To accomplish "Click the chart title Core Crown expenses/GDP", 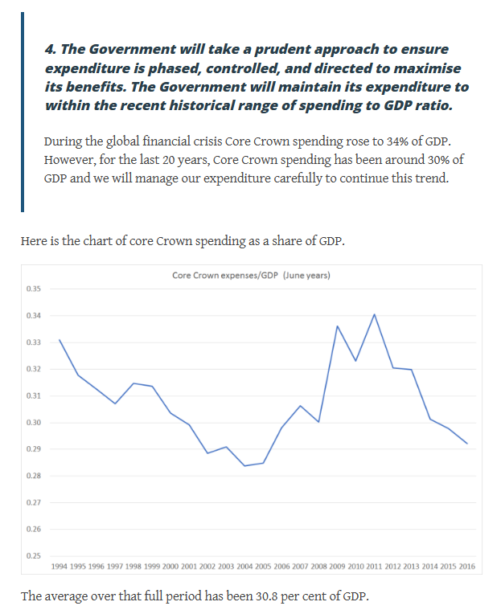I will pyautogui.click(x=252, y=275).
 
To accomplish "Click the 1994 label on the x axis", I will pyautogui.click(x=60, y=567).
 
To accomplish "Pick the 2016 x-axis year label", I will pyautogui.click(x=466, y=567).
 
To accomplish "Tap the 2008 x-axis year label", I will pyautogui.click(x=318, y=567).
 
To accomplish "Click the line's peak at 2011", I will pyautogui.click(x=374, y=314).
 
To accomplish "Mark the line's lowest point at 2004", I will pyautogui.click(x=244, y=465).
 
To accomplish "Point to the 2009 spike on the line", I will pyautogui.click(x=337, y=326).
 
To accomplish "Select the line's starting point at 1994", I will pyautogui.click(x=60, y=340).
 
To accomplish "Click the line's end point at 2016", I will pyautogui.click(x=466, y=443).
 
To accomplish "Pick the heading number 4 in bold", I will pyautogui.click(x=49, y=50).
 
